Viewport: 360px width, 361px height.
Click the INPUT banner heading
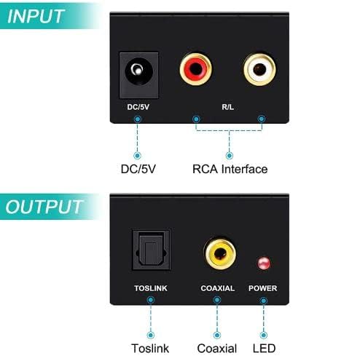point(36,17)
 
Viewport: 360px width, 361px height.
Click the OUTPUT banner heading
point(44,207)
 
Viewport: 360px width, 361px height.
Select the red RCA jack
point(195,69)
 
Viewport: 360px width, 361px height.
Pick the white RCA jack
point(259,70)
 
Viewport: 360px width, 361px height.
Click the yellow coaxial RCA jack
point(221,254)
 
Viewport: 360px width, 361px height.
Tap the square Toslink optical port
point(151,250)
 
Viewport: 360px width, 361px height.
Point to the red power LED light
point(264,263)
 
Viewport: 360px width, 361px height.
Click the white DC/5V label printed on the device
point(138,107)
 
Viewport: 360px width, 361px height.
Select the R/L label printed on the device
point(227,107)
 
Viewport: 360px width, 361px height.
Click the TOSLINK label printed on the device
point(151,288)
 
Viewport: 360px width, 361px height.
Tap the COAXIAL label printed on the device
point(218,288)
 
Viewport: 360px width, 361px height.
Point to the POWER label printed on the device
point(263,288)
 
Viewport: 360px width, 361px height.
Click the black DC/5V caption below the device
point(138,169)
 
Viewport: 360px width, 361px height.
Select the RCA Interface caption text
point(230,169)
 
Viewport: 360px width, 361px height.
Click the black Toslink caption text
point(150,349)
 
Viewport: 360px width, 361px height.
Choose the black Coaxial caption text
point(217,349)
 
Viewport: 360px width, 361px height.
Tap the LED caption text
point(264,349)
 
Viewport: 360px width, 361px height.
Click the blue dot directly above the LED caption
point(264,336)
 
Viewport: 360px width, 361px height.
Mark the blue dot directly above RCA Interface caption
point(230,156)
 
